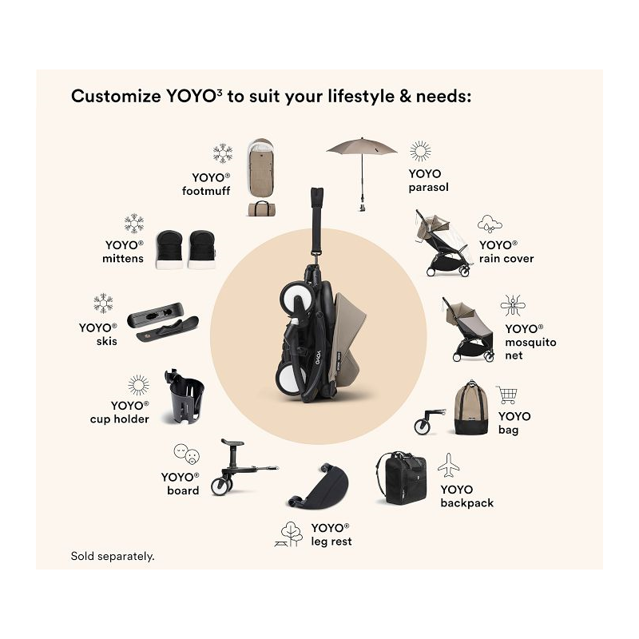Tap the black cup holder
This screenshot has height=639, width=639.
[x=185, y=396]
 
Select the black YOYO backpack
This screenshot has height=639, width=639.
[x=402, y=478]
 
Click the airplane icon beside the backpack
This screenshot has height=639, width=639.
[x=448, y=466]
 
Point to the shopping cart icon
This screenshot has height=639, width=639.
[x=507, y=395]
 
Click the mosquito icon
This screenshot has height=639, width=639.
[x=513, y=306]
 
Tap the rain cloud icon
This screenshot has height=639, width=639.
[x=490, y=224]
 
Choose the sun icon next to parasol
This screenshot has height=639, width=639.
[x=420, y=152]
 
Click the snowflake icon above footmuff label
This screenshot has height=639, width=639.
[x=223, y=153]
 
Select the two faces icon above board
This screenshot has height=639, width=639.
[x=187, y=454]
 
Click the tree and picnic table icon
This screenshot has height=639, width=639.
[x=289, y=534]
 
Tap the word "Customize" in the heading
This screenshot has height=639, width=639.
[x=116, y=97]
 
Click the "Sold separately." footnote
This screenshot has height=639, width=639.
[x=113, y=556]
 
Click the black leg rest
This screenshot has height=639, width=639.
[x=319, y=486]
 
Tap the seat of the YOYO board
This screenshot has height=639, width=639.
[x=232, y=443]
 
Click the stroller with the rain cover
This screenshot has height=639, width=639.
[x=443, y=244]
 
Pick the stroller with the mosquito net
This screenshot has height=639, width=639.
[x=469, y=329]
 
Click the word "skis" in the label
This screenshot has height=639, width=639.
[x=107, y=342]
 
